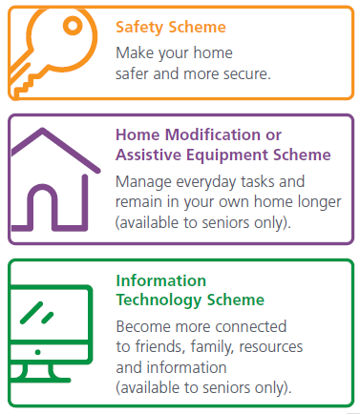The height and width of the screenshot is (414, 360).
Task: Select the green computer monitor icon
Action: pos(53,329)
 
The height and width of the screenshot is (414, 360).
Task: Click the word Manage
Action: pos(142,180)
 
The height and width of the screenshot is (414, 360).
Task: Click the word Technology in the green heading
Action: pos(155,300)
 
